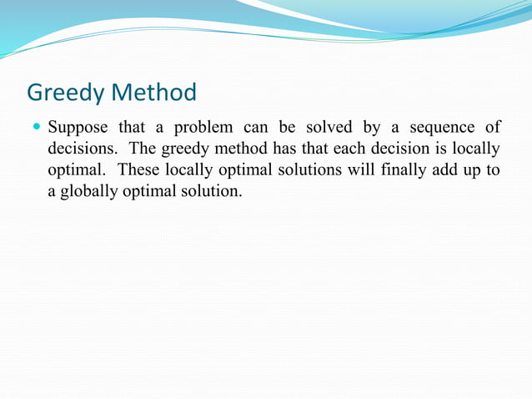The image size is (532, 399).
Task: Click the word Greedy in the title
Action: coord(66,92)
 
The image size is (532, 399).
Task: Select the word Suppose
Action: coord(79,129)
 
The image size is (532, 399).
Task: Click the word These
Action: coord(140,170)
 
